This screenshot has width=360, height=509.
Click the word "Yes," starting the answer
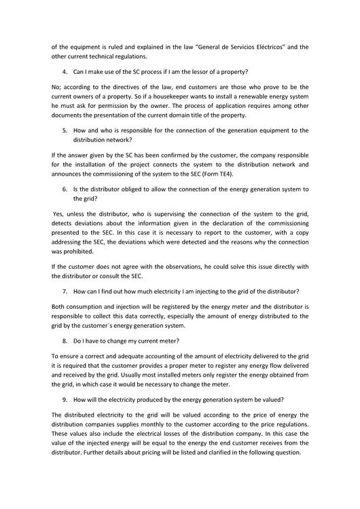(60, 214)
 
